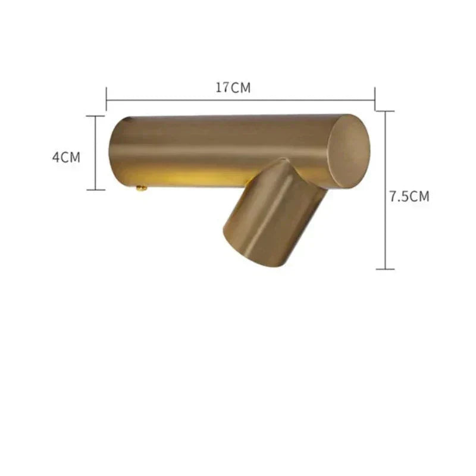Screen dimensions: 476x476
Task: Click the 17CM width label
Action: (x=233, y=88)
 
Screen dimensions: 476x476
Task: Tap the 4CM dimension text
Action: (x=66, y=157)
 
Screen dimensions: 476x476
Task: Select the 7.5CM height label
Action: (x=409, y=196)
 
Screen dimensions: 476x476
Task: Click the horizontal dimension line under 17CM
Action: (x=238, y=100)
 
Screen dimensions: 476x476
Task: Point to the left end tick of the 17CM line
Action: (x=107, y=99)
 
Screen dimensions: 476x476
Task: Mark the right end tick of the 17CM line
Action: (x=374, y=99)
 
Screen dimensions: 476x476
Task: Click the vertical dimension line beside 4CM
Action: (x=95, y=153)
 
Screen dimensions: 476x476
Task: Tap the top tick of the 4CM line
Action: (x=95, y=116)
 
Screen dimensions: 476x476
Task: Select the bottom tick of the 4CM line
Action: (x=95, y=190)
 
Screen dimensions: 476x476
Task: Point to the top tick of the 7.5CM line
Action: (x=386, y=111)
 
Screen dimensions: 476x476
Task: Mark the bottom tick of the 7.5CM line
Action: (x=386, y=269)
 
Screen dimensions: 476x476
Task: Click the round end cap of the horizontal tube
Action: (x=349, y=151)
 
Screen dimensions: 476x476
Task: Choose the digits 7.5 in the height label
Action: (x=400, y=196)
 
